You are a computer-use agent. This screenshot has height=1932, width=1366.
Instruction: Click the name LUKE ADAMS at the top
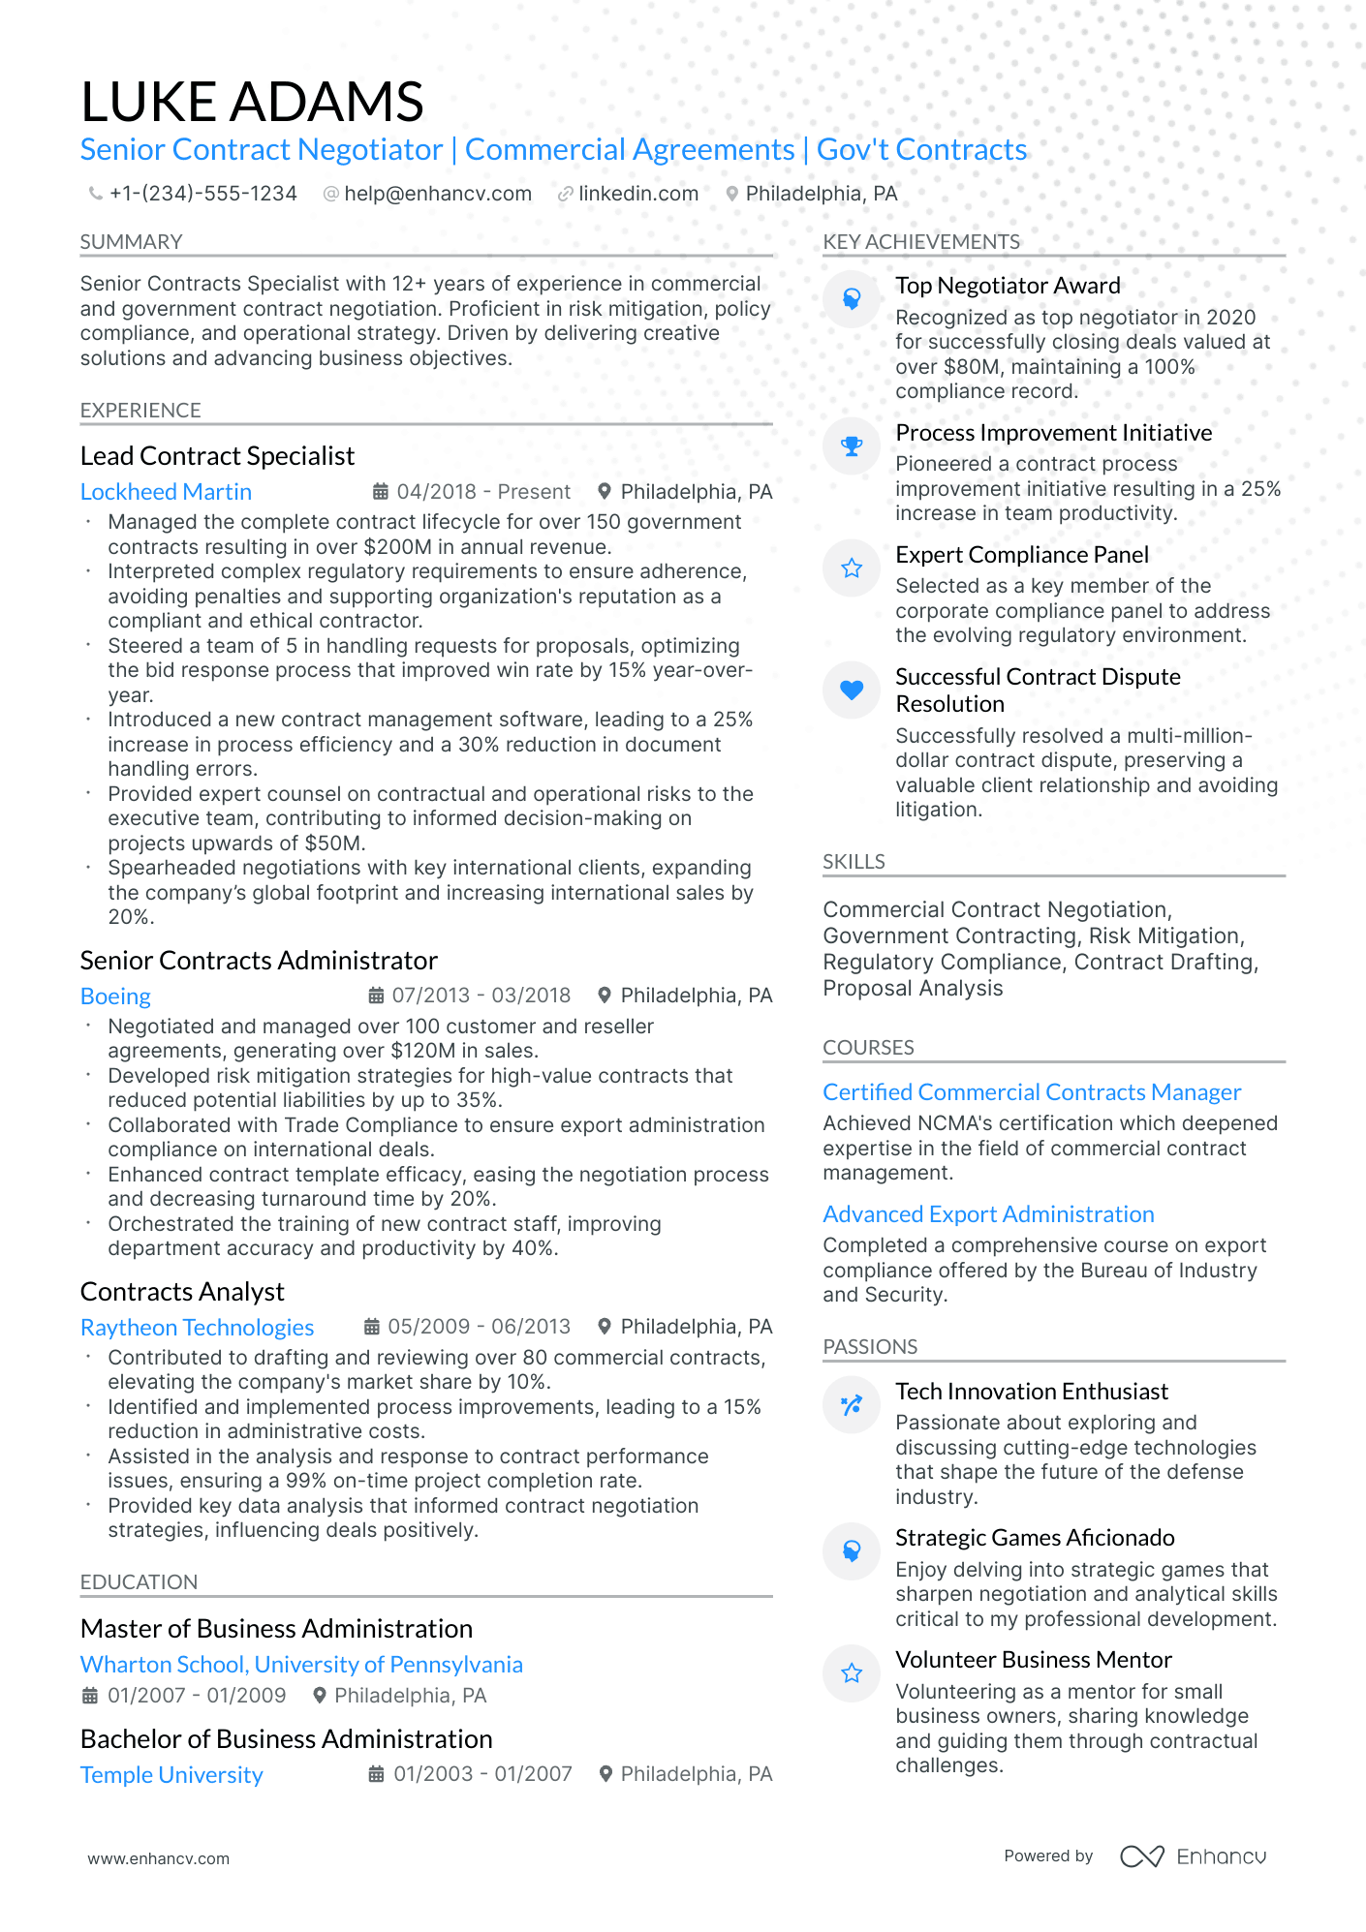[x=252, y=102]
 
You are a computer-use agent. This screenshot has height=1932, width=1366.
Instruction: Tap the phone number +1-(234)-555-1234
[x=202, y=194]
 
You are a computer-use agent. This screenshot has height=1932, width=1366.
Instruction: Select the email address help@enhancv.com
[x=438, y=194]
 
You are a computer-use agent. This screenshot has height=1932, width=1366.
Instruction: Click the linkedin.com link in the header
[x=637, y=194]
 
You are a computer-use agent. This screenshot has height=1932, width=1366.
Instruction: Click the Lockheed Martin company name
[x=166, y=492]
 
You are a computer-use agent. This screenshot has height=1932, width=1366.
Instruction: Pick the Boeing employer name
[x=115, y=997]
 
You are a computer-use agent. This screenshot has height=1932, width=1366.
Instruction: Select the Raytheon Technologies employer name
[x=197, y=1328]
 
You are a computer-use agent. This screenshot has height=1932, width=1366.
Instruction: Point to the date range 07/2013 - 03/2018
[x=481, y=996]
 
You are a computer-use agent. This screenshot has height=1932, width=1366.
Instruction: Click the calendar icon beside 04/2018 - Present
[x=381, y=492]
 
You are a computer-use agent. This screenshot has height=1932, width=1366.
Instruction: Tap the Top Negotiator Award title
[x=1008, y=286]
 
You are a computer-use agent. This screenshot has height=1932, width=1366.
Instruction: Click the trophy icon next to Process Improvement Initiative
[x=852, y=446]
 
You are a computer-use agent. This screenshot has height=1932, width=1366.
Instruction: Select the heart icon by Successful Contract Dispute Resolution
[x=852, y=690]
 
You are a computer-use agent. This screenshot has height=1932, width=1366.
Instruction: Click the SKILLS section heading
[x=854, y=862]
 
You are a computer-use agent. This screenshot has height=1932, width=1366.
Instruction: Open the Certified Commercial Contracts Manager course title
[x=1031, y=1092]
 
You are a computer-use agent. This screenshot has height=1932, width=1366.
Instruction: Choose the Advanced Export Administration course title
[x=988, y=1214]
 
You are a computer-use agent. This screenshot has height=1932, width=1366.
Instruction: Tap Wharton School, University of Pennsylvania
[x=301, y=1665]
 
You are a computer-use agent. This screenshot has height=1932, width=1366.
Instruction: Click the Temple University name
[x=171, y=1775]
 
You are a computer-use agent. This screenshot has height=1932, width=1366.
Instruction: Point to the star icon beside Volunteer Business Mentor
[x=852, y=1673]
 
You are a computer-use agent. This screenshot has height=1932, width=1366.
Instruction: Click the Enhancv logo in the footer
[x=1193, y=1856]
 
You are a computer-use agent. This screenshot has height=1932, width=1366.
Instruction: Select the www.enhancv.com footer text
[x=159, y=1858]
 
